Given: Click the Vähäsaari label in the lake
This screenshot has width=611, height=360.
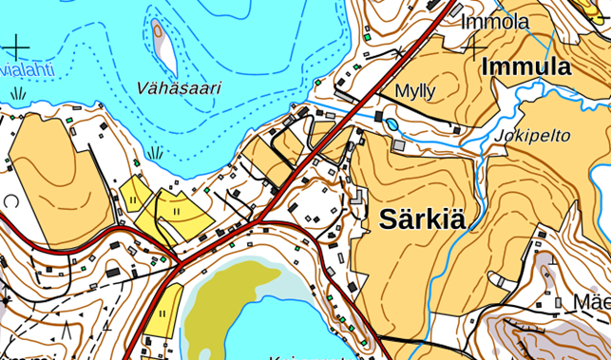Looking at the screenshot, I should [178, 88].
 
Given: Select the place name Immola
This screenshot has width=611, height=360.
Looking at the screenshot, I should [494, 22].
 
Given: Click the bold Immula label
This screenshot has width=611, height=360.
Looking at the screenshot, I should [525, 67].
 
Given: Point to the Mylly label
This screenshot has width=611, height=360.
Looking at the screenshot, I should [414, 91].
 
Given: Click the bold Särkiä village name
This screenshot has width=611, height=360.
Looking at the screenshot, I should [423, 219].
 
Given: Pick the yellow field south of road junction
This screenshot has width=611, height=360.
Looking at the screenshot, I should [164, 308].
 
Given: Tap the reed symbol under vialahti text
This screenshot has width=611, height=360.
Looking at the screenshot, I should [19, 93].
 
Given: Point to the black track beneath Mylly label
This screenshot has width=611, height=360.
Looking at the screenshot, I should [418, 111].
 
